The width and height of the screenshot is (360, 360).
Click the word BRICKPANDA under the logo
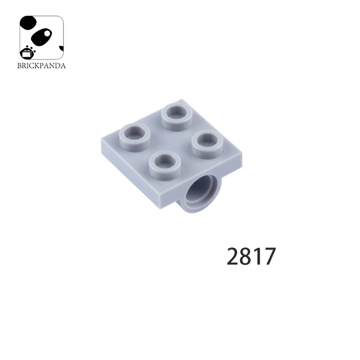pyautogui.click(x=41, y=66)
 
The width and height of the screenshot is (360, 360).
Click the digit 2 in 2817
pyautogui.click(x=234, y=257)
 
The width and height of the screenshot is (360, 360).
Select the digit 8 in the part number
pyautogui.click(x=247, y=257)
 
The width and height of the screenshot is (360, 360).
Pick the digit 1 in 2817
pyautogui.click(x=258, y=257)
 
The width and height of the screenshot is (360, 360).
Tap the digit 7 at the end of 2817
pyautogui.click(x=269, y=257)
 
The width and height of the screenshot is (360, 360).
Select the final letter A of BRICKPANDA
pyautogui.click(x=63, y=66)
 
